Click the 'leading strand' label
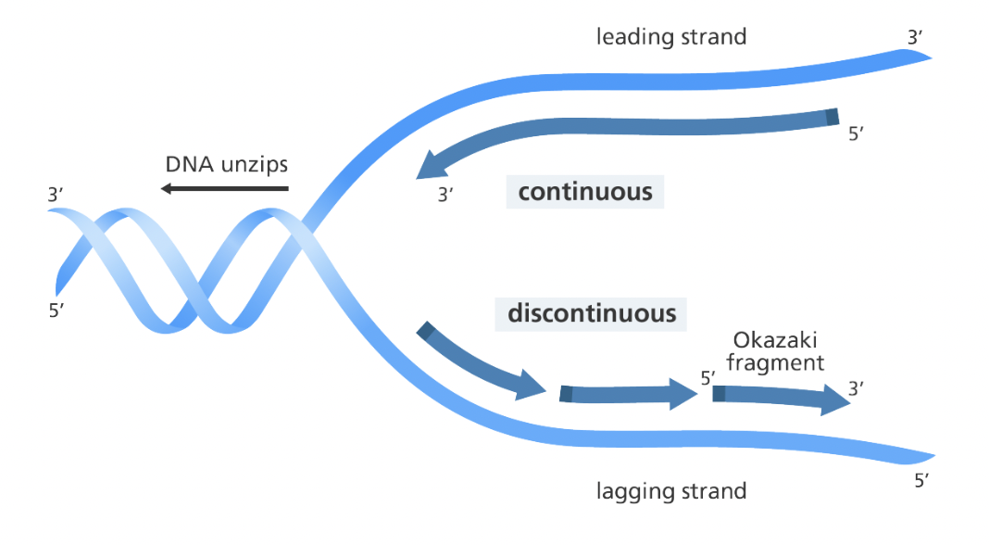[671, 37]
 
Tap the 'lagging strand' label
[671, 490]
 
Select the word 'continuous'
[585, 192]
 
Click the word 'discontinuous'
[592, 313]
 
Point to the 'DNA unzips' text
[227, 164]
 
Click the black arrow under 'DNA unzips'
[224, 188]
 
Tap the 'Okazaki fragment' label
[775, 351]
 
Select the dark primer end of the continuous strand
[833, 117]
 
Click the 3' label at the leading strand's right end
[915, 38]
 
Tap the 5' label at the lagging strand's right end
[921, 481]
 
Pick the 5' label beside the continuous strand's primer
[856, 133]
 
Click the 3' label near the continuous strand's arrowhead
[445, 195]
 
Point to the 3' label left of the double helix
[56, 195]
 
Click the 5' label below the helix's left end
[56, 311]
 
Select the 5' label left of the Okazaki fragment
[708, 377]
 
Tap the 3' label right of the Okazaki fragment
[856, 387]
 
